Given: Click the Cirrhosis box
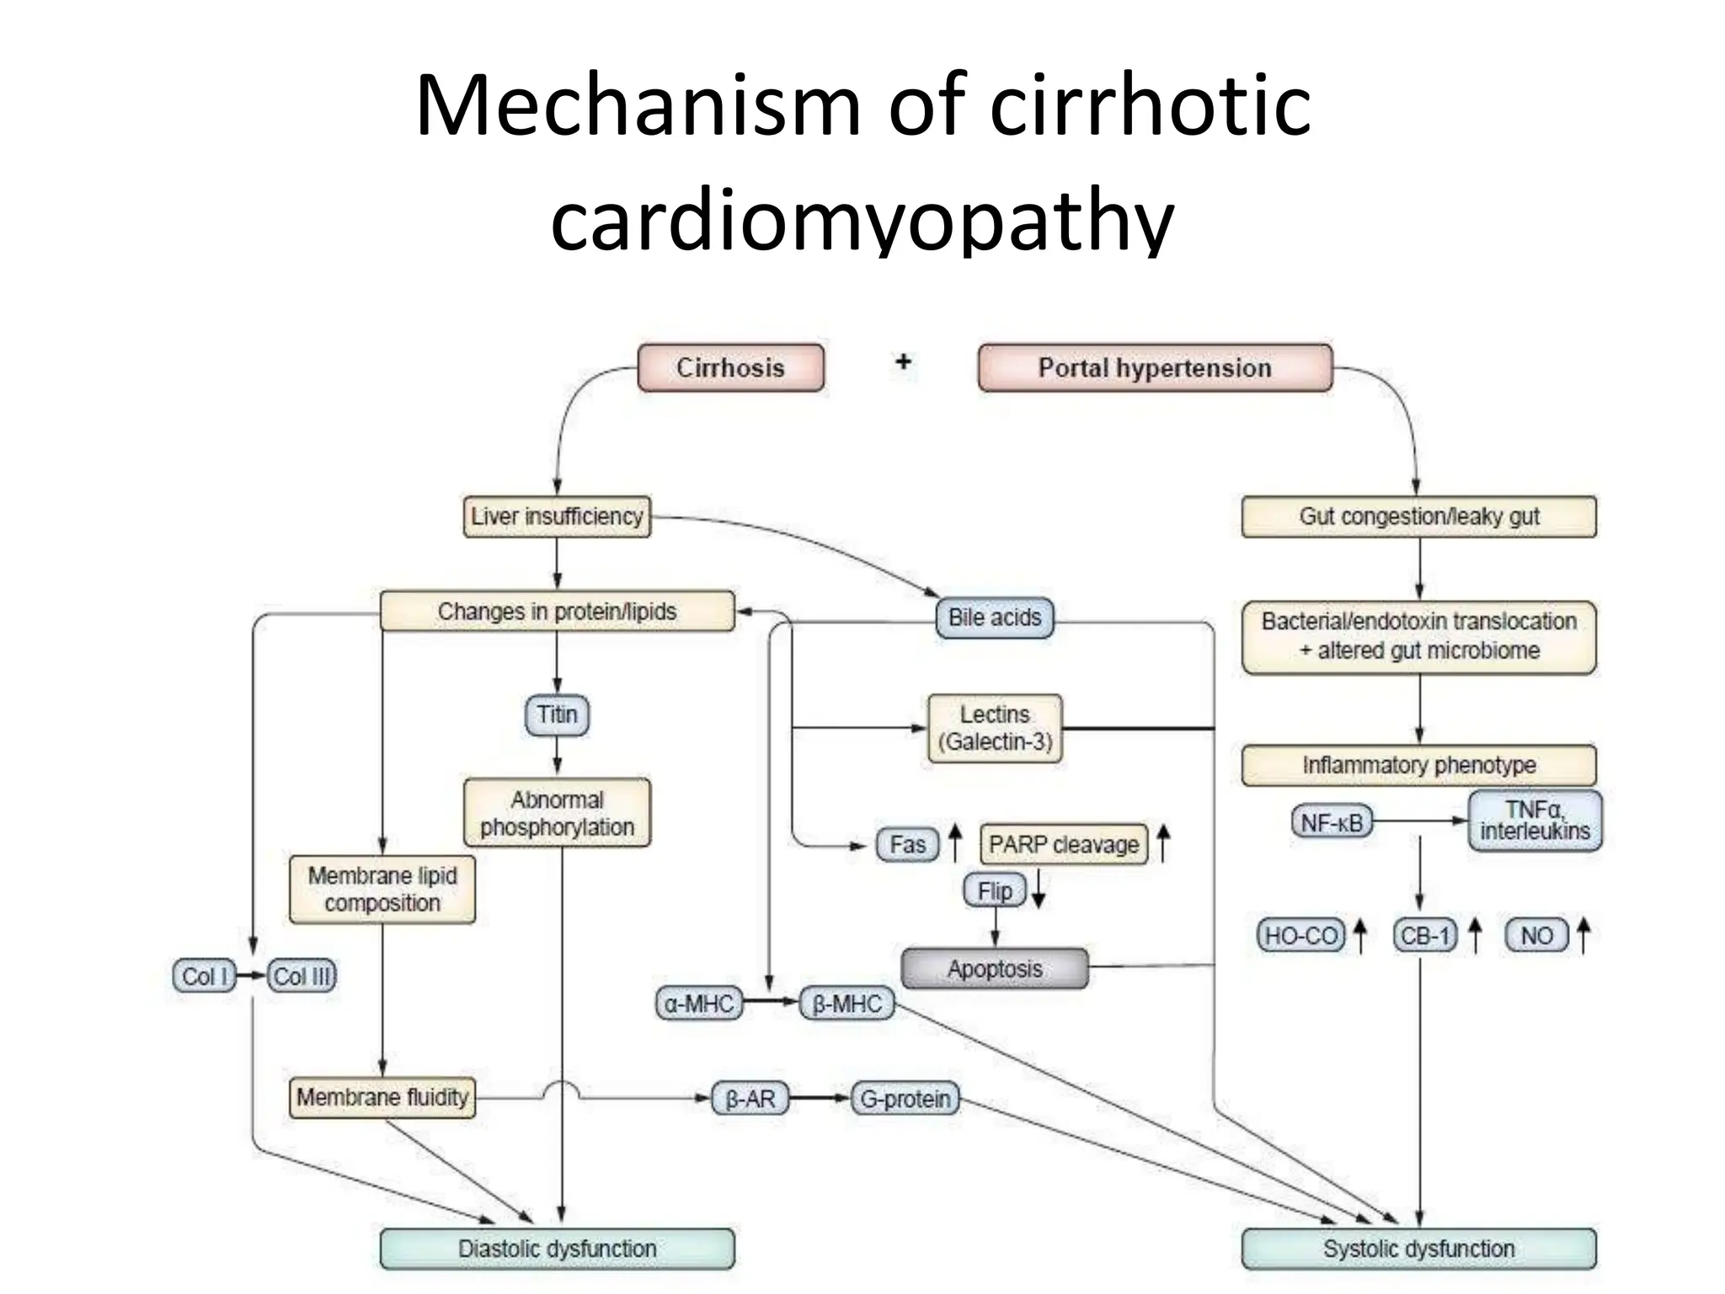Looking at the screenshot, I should (730, 367).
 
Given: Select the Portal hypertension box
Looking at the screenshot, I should (1155, 367).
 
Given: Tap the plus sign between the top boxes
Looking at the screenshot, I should (903, 361).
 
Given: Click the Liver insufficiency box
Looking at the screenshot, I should (557, 516).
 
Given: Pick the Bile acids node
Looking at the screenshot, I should (995, 618).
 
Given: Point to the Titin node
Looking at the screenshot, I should (557, 714).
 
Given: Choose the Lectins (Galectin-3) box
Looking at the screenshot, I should (995, 728).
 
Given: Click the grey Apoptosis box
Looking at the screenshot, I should (995, 969).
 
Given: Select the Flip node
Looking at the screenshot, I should (995, 890).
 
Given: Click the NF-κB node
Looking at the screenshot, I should (1332, 821).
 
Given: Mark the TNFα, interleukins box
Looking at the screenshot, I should (1535, 821).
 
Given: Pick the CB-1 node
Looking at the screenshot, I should (1424, 935).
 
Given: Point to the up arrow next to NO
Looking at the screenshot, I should (1583, 935).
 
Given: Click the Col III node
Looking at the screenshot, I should (302, 976).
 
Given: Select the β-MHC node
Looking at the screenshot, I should (846, 1003).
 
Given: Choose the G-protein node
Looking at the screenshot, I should (905, 1099).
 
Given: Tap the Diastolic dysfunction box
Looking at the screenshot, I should (557, 1249).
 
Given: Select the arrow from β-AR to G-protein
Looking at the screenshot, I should (820, 1098).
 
